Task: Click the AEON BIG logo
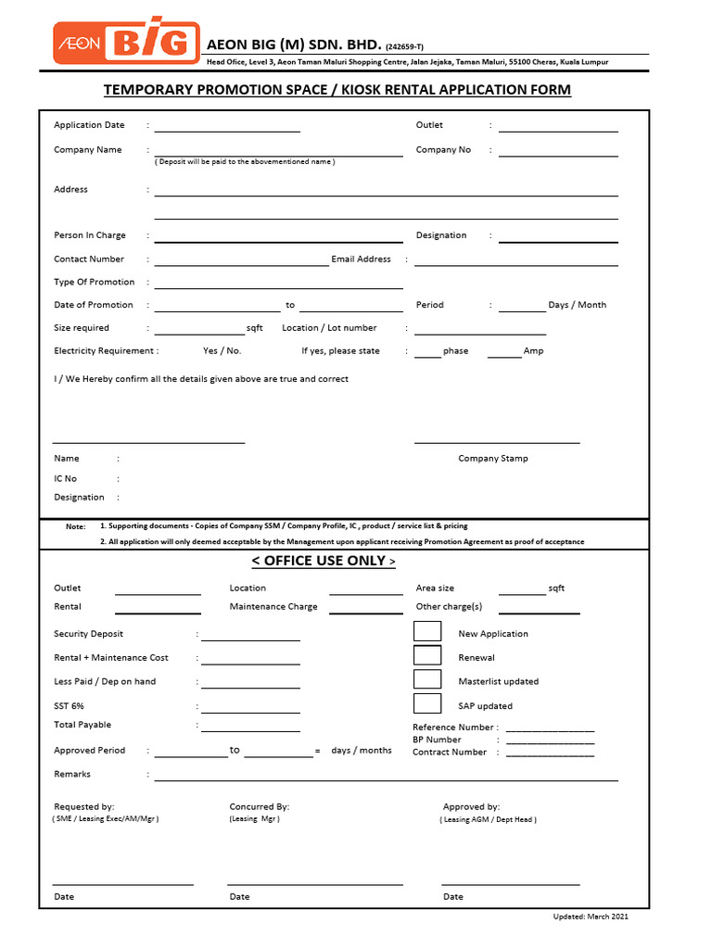point(126,44)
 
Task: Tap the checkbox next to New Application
point(426,632)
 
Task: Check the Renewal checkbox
point(426,656)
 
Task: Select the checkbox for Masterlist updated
point(426,680)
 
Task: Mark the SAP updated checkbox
point(426,704)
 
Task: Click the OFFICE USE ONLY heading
point(324,561)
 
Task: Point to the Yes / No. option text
point(222,351)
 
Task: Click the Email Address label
point(361,259)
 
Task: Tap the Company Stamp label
point(493,459)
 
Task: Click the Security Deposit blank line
point(250,637)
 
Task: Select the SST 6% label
point(69,706)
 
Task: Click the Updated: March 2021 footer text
point(591,917)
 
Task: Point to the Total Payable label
point(83,725)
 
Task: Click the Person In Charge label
point(90,235)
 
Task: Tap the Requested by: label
point(84,807)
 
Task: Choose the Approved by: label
point(471,807)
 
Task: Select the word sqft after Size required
point(255,328)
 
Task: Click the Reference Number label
point(454,728)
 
